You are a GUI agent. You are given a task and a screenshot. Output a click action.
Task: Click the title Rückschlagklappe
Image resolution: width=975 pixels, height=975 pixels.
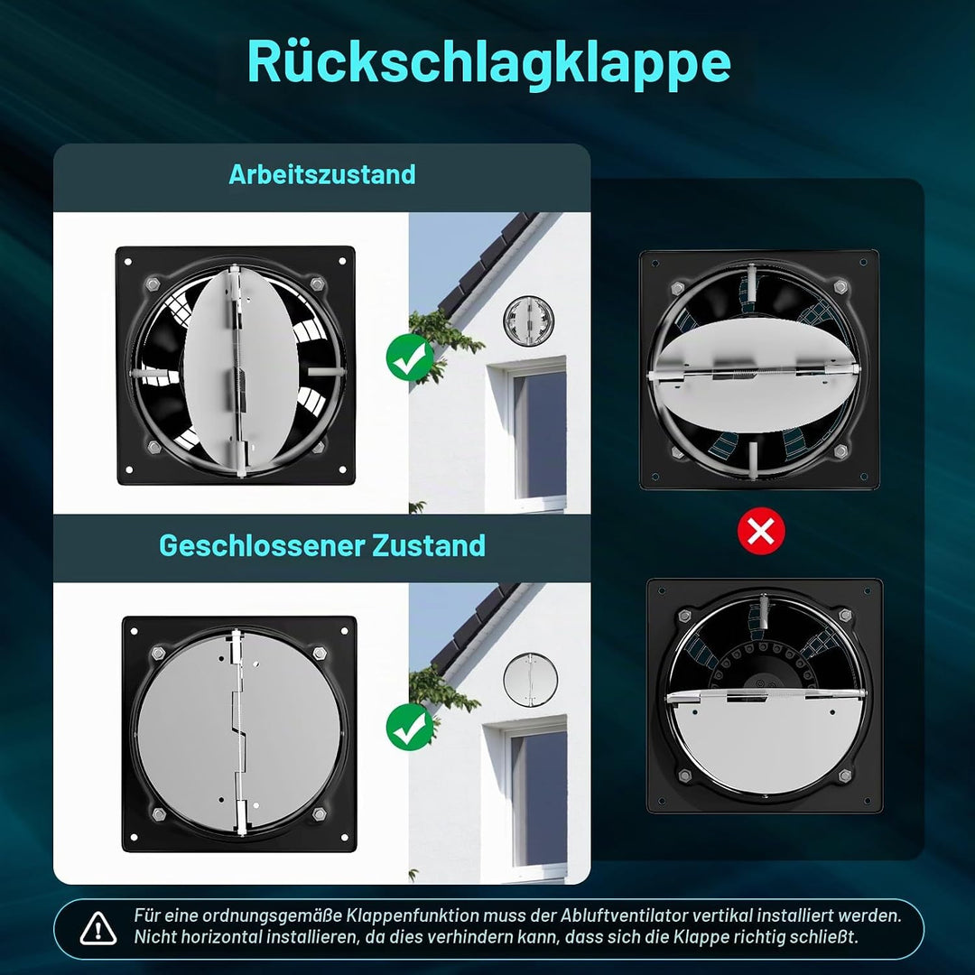pyautogui.click(x=488, y=62)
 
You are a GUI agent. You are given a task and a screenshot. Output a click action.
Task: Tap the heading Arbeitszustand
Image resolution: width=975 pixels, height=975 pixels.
pyautogui.click(x=322, y=174)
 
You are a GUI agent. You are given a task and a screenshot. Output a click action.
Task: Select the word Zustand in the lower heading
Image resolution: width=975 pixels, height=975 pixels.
pyautogui.click(x=429, y=545)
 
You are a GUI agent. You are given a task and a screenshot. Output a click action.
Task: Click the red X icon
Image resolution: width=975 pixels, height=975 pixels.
pyautogui.click(x=761, y=531)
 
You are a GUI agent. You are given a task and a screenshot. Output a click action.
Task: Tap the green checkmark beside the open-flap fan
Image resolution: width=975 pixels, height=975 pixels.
pyautogui.click(x=410, y=357)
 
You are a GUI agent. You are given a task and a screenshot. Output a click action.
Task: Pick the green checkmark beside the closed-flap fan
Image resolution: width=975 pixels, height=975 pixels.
pyautogui.click(x=410, y=727)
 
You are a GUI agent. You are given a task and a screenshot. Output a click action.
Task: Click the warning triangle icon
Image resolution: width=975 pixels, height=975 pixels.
pyautogui.click(x=98, y=928)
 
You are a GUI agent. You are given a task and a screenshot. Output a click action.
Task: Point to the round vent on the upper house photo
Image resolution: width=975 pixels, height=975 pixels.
pyautogui.click(x=528, y=320)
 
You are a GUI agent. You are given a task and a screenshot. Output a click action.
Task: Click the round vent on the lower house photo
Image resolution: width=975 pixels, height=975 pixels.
pyautogui.click(x=530, y=680)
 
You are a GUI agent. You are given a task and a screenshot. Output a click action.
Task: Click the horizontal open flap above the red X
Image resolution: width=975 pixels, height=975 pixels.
pyautogui.click(x=755, y=375)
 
